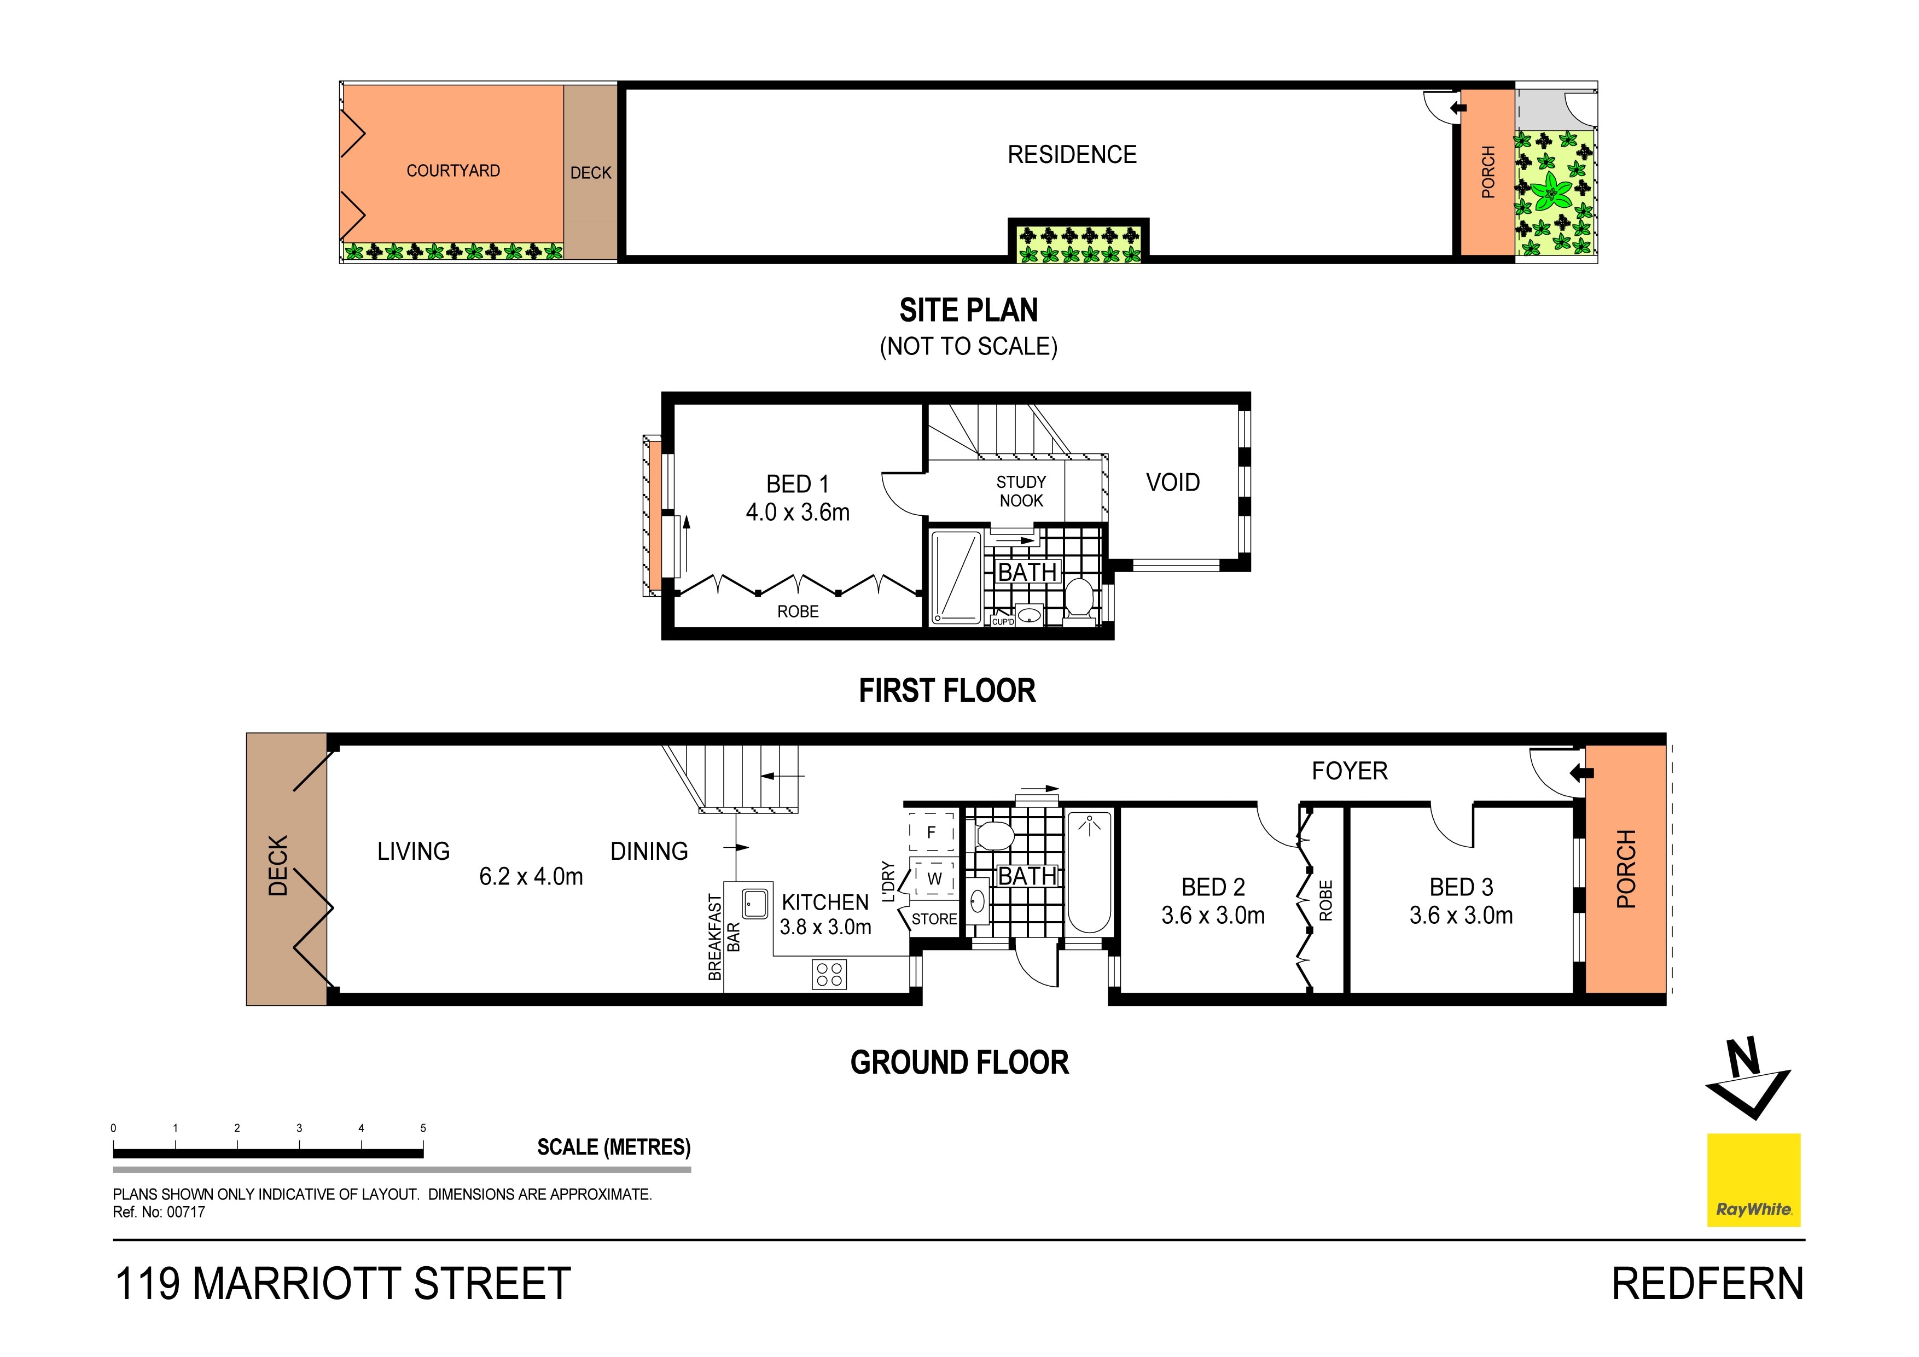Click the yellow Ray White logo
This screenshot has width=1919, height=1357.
1753,1180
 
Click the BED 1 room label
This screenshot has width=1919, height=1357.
798,484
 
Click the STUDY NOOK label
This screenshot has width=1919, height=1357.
1021,491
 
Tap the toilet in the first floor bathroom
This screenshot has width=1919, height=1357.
1080,598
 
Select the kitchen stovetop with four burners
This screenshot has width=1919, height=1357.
829,974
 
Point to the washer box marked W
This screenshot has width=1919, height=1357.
934,878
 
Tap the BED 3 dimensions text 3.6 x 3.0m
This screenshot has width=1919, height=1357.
1461,915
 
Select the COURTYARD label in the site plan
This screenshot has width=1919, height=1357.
453,171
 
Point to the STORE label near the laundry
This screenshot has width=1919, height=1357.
934,919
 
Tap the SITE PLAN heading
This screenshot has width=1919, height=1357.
969,310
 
